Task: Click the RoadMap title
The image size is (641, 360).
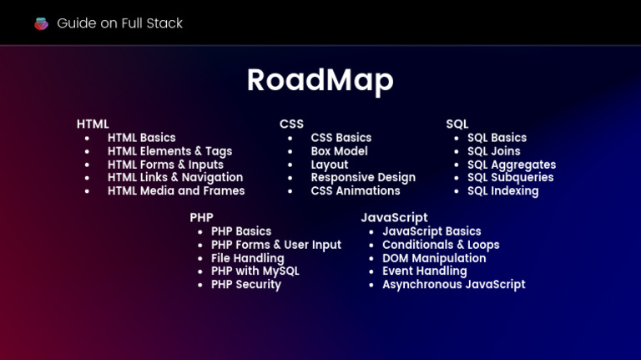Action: coord(320,80)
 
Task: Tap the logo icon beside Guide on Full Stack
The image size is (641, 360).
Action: coord(41,23)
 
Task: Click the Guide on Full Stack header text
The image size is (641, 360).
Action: coord(119,23)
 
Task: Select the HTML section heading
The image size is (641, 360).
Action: coord(93,124)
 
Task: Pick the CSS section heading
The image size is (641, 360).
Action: coord(291,124)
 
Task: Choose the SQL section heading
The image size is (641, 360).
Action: coord(457,124)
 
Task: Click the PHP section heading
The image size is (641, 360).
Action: coord(201,218)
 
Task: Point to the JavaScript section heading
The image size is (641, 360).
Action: coord(394,218)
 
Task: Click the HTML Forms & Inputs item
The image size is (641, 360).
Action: coord(165,165)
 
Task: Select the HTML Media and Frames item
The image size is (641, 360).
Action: coord(176,191)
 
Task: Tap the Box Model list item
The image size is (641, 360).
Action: coord(339,151)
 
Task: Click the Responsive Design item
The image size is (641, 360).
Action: coord(363,178)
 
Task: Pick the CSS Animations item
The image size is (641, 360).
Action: coord(356,191)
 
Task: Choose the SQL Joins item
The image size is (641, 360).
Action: coord(493,151)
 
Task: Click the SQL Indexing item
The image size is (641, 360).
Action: coord(502,191)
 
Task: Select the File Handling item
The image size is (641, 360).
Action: coord(247,258)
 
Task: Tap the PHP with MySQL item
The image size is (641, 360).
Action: coord(255,271)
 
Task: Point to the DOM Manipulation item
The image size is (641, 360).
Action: coord(434,258)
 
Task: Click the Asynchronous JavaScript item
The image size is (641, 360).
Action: coord(453,285)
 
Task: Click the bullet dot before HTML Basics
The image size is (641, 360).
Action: coord(87,139)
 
